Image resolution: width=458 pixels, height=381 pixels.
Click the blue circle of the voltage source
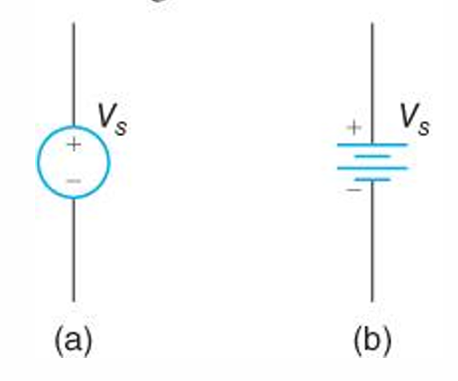click(37, 162)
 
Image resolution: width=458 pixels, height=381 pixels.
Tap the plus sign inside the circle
click(74, 144)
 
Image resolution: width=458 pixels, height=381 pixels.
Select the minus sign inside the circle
click(74, 182)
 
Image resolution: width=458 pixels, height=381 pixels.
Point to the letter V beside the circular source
click(106, 115)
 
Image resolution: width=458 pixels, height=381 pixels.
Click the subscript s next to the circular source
click(121, 127)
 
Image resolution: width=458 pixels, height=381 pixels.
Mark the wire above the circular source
click(74, 74)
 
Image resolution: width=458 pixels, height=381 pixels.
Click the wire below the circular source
click(74, 250)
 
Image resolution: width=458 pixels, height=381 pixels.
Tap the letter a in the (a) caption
click(74, 340)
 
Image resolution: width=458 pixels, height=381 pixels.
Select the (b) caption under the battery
click(372, 340)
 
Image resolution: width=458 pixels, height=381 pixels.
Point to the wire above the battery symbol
click(372, 83)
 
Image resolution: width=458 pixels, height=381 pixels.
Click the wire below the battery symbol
click(372, 241)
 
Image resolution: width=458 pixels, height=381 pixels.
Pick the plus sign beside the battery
click(354, 127)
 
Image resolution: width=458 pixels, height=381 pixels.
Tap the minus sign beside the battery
click(354, 190)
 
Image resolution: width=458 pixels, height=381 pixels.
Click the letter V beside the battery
click(409, 115)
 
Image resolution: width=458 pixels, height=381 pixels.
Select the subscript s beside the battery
click(424, 127)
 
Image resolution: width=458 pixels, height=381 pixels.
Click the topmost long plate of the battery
click(372, 145)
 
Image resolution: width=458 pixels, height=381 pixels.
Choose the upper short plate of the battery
click(372, 157)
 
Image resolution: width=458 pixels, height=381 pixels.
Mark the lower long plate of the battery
click(372, 168)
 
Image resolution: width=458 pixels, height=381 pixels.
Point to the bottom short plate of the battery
click(372, 179)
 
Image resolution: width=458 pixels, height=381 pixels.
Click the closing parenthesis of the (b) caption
click(388, 340)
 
